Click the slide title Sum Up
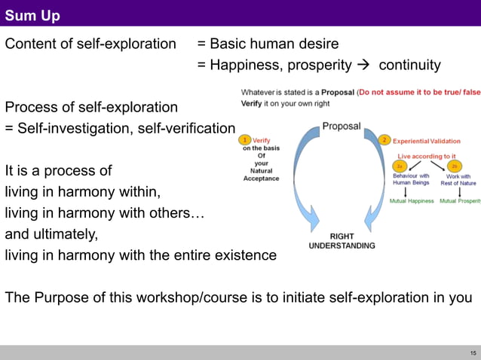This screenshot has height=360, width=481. click(x=33, y=15)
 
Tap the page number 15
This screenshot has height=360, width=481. click(x=472, y=352)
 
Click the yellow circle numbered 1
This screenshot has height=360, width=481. click(x=244, y=139)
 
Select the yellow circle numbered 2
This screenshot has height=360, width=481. click(x=384, y=140)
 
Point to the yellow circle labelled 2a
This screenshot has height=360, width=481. click(x=401, y=166)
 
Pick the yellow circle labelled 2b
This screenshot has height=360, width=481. click(x=454, y=166)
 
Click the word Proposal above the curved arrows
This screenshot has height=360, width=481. click(x=342, y=126)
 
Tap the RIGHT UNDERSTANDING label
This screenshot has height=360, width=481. click(x=342, y=241)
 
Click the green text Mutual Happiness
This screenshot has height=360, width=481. click(x=412, y=201)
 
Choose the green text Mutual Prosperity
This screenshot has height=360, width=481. click(x=460, y=201)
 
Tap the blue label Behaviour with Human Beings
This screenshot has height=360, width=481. click(x=412, y=179)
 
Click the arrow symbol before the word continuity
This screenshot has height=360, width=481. click(x=363, y=66)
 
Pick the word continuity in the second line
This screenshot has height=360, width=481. click(x=409, y=66)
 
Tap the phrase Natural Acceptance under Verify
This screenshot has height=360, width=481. click(x=261, y=175)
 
